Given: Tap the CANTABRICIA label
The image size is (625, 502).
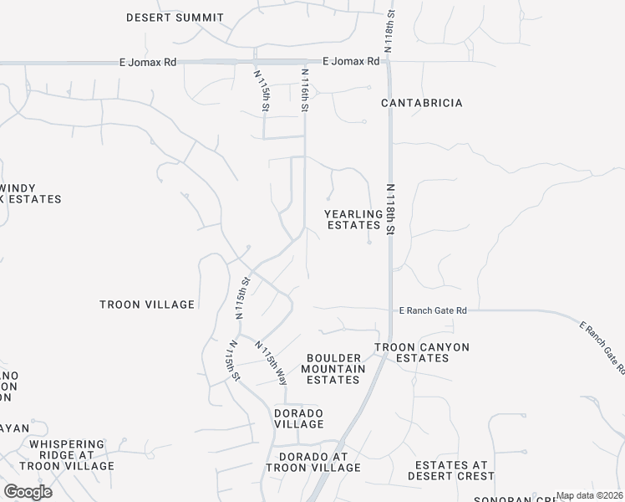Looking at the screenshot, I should point(422,103).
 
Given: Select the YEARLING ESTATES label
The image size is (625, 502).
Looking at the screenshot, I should point(353,219).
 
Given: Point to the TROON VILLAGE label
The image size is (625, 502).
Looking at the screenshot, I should point(146,305).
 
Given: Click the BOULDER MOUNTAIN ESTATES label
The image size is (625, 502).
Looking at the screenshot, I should point(333,368).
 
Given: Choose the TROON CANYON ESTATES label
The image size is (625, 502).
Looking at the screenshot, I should point(422,352).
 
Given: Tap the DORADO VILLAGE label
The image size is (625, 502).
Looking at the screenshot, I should point(299,418).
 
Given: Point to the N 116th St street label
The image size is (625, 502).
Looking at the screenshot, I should point(306,92).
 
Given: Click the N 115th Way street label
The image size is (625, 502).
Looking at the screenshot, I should point(272,362).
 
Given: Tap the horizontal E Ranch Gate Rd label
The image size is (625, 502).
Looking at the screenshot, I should point(432,310).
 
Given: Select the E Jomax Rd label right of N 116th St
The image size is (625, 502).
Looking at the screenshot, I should point(351,61).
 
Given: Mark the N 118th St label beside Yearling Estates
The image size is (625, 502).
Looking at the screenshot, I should point(390,210).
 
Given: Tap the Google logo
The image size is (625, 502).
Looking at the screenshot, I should point(28,492).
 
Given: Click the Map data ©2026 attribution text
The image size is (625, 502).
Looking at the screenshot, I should point(590,495).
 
